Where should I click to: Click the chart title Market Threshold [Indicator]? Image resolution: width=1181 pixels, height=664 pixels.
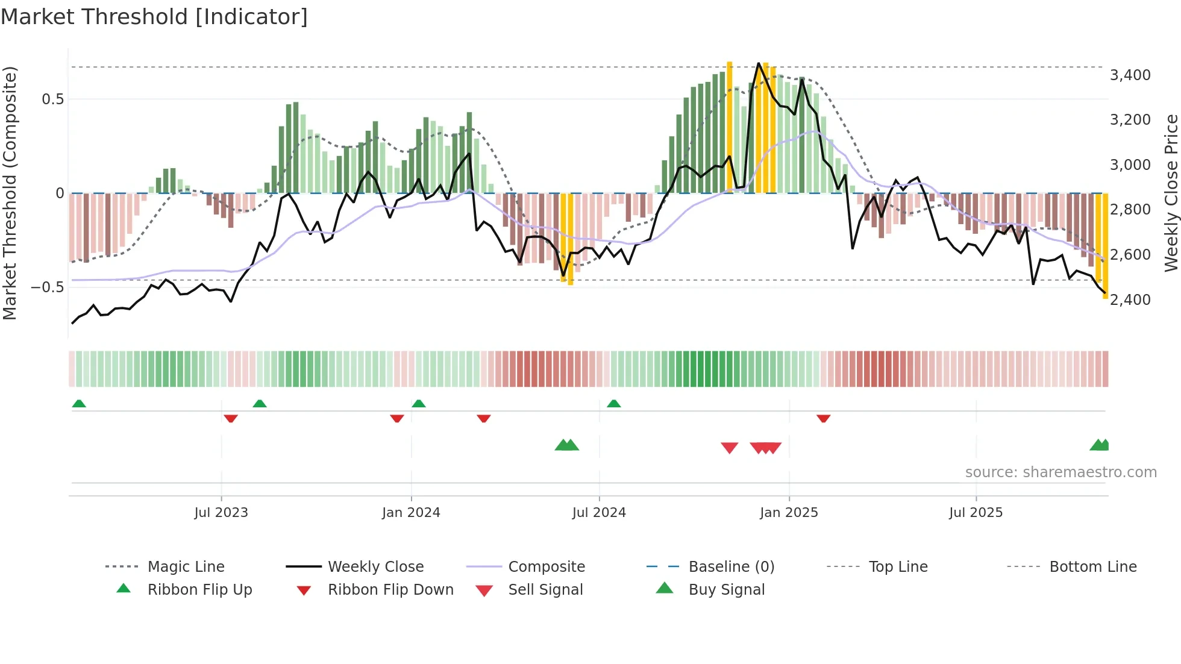[154, 17]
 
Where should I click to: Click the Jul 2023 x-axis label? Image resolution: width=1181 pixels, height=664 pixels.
[221, 513]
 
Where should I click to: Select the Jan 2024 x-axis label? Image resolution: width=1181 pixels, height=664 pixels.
[411, 513]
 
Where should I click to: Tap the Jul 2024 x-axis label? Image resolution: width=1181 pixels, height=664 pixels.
[599, 513]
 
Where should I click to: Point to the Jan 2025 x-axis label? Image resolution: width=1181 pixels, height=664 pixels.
[789, 513]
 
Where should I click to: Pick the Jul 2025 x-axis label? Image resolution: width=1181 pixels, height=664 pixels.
[976, 513]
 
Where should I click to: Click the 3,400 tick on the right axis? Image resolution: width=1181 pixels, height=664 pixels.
[1130, 75]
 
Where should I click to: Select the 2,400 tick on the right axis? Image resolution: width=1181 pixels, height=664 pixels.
[1130, 299]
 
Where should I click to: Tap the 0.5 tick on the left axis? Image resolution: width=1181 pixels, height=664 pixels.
[52, 99]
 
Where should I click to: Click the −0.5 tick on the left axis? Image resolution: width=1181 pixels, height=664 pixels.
[48, 287]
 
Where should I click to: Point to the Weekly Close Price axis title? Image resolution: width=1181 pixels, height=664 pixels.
[1171, 193]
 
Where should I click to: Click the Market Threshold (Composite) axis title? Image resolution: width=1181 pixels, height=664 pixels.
[10, 193]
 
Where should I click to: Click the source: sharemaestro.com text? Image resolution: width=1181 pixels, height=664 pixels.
[1060, 472]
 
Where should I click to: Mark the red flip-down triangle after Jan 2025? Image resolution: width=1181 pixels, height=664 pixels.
[823, 418]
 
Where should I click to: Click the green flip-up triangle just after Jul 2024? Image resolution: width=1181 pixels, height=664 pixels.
[613, 404]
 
